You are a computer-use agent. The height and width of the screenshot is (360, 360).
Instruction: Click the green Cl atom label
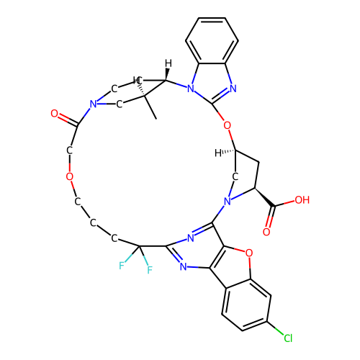[x=287, y=338]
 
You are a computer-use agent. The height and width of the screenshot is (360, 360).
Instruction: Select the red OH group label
[x=302, y=200]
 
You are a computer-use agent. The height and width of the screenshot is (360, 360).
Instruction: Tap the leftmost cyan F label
[x=122, y=266]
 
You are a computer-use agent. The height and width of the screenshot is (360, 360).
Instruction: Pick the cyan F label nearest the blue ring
[x=150, y=271]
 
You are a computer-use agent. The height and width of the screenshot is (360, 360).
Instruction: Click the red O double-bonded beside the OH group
[x=266, y=232]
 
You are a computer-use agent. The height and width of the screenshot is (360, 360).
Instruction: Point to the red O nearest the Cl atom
[x=249, y=253]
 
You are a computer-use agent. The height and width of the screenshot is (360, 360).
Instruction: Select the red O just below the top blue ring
[x=227, y=126]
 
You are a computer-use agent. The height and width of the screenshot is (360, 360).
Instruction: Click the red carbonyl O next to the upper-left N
[x=54, y=114]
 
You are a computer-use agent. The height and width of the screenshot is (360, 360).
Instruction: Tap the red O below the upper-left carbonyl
[x=69, y=177]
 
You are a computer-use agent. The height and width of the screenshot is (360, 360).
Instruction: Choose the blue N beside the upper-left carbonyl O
[x=93, y=105]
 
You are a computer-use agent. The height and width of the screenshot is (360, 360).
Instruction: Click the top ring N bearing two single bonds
[x=190, y=89]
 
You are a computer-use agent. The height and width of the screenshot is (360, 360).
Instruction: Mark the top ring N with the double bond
[x=233, y=89]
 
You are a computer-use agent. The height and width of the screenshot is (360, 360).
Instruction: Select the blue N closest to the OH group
[x=228, y=202]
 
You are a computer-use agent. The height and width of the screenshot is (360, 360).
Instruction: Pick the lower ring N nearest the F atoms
[x=183, y=267]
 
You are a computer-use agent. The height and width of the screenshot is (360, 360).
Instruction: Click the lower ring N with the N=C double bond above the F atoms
[x=190, y=238]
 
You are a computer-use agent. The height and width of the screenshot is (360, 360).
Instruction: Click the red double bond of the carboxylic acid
[x=269, y=221]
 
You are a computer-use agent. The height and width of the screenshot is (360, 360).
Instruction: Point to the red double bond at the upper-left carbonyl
[x=63, y=117]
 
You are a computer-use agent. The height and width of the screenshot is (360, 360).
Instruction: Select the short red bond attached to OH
[x=289, y=202]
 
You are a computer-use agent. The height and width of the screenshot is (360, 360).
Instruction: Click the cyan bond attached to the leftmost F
[x=128, y=258]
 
